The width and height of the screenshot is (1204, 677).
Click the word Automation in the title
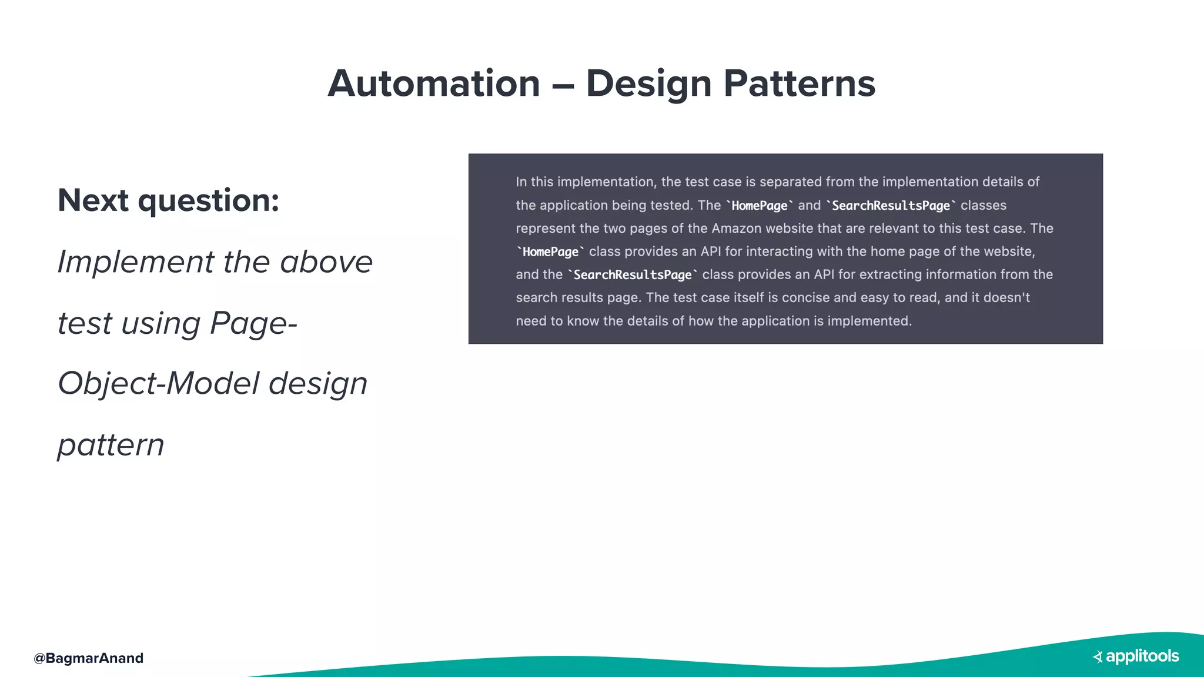[434, 83]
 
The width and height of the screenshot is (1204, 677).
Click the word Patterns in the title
[799, 83]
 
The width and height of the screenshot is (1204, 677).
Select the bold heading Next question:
[168, 200]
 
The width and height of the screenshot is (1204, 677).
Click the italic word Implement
[136, 262]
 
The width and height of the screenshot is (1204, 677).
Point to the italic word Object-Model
[158, 384]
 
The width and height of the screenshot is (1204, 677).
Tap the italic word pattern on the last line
[111, 445]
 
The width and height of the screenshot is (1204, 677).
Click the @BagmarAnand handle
[89, 658]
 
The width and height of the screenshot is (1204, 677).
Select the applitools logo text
[1142, 656]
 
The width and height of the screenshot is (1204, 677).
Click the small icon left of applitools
[1098, 657]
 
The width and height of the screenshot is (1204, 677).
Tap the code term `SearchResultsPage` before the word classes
[891, 206]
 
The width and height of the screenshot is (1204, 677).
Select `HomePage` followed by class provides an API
[550, 252]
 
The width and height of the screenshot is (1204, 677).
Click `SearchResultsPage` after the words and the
[633, 274]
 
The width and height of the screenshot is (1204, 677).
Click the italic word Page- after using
[253, 323]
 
